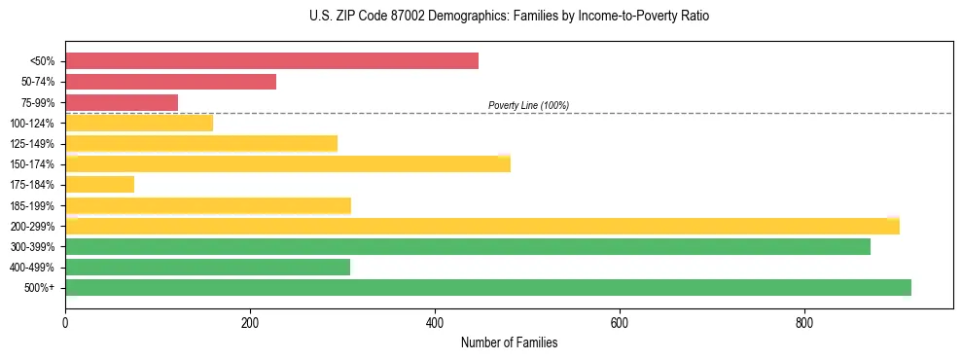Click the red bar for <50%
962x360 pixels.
[271, 61]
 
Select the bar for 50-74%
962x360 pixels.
[170, 82]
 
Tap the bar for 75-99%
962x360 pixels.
[122, 102]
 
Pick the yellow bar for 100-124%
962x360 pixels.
[139, 123]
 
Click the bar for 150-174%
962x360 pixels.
[288, 163]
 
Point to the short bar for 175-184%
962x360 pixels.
[99, 184]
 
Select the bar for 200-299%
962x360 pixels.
[482, 226]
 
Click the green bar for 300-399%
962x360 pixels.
[468, 246]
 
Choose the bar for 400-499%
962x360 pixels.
[207, 267]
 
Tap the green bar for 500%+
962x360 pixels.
[488, 287]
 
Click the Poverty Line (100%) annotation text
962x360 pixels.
[528, 105]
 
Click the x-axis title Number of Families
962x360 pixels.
[509, 343]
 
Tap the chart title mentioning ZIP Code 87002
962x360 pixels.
[509, 17]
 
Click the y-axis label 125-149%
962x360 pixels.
[32, 144]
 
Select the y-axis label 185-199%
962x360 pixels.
[32, 205]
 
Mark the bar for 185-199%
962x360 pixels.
[208, 205]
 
